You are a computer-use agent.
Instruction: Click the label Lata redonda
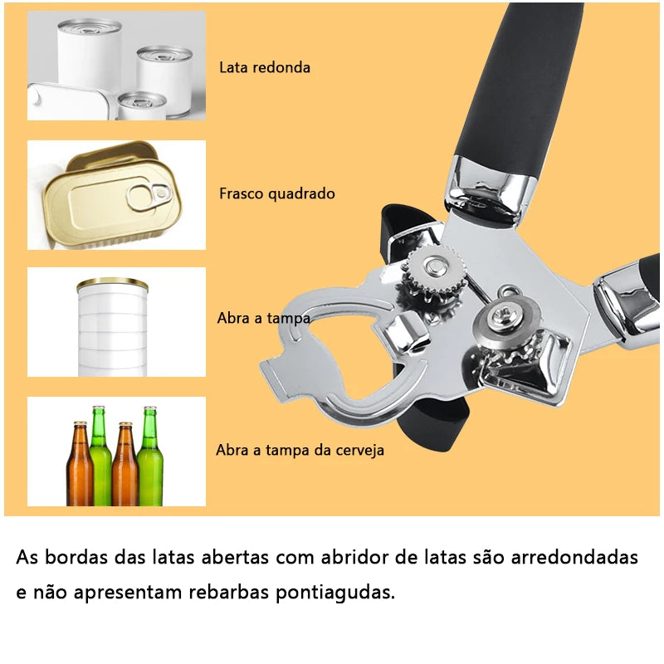(x=265, y=67)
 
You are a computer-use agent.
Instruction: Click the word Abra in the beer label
(x=234, y=450)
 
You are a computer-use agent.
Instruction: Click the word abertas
(x=234, y=557)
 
